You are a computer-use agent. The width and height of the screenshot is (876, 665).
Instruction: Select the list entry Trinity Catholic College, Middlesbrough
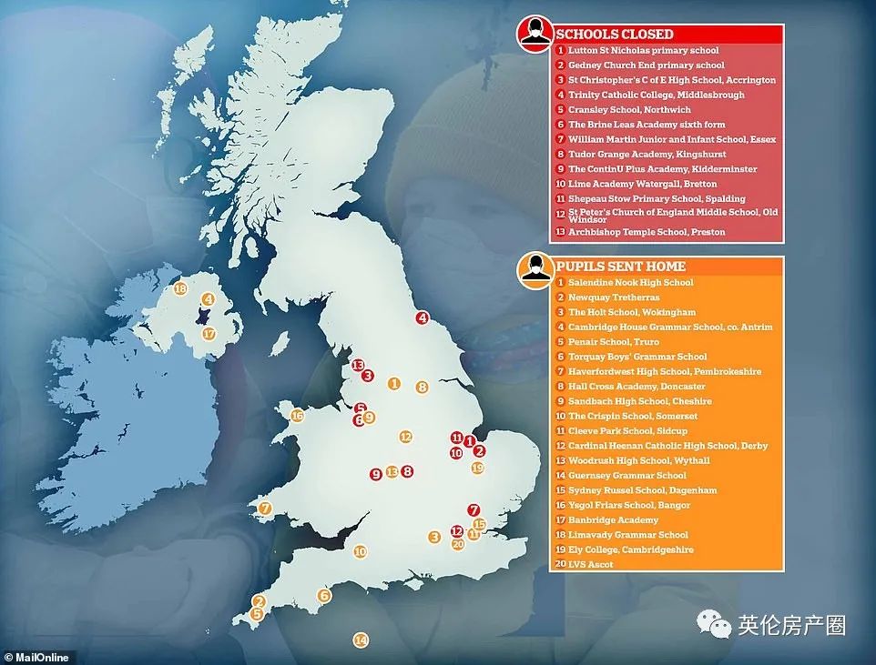656,95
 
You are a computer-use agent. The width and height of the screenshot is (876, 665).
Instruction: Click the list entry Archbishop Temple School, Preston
647,232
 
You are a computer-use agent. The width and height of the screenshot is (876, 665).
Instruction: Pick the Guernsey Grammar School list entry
627,476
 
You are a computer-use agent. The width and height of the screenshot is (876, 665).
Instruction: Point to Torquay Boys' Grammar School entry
637,357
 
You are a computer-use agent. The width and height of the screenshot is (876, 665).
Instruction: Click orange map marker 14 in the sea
361,640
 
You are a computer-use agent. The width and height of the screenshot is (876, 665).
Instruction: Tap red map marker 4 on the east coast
422,317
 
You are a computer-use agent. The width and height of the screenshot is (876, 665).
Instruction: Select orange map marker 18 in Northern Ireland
180,289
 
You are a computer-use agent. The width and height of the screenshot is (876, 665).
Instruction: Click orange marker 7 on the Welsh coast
265,508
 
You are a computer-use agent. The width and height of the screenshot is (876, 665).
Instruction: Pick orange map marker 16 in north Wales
297,416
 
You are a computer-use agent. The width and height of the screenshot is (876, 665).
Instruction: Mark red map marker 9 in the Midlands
375,474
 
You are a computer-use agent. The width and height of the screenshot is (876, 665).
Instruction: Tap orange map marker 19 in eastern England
478,468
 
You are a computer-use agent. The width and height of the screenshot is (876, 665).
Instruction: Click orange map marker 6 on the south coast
323,596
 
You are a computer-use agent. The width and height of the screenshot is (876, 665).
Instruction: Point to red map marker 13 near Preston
358,365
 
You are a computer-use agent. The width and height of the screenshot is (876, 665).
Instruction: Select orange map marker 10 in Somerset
360,551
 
